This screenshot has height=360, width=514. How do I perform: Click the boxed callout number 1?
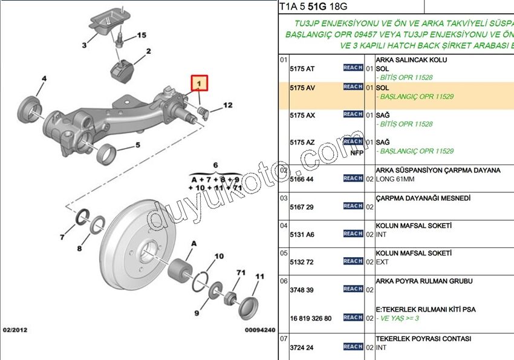coord(200,81)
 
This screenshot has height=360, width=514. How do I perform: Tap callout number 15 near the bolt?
coord(142,36)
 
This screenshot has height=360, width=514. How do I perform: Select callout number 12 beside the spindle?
coord(227,105)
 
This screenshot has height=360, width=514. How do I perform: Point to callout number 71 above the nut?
coord(240,272)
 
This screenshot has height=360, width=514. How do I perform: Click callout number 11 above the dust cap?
coord(259,277)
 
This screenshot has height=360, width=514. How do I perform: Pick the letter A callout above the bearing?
coord(194,243)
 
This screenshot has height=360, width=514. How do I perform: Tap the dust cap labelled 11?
coord(249,307)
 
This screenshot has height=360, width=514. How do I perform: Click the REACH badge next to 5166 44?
coord(353,178)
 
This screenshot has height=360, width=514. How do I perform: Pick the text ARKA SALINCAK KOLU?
coord(411,61)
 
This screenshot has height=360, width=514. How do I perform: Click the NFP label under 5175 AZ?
coord(357,153)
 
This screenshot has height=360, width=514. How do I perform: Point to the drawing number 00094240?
coord(260,330)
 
